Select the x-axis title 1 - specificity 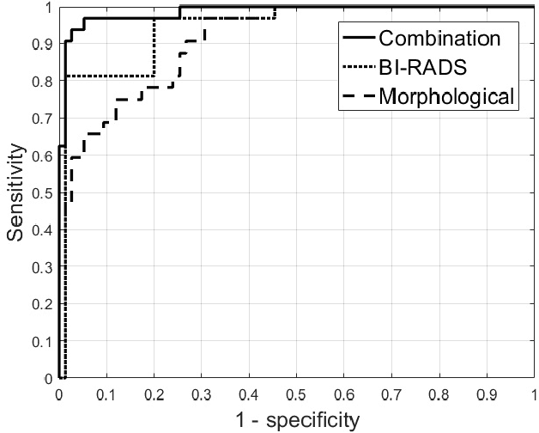(296, 420)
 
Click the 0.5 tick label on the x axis (296, 394)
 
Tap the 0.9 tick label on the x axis (486, 394)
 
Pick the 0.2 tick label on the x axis (154, 394)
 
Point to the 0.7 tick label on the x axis (391, 394)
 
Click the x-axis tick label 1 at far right (532, 394)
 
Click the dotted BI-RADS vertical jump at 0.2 (154, 47)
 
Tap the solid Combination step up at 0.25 (180, 12)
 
